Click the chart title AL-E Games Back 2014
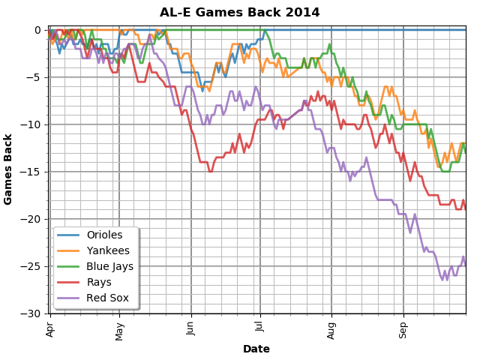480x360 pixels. [240, 13]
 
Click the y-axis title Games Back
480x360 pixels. [9, 169]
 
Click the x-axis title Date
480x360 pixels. [256, 349]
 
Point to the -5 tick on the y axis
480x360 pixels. [36, 77]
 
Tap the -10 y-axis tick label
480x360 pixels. [33, 124]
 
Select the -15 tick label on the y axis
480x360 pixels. [33, 172]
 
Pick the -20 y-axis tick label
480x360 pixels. [33, 219]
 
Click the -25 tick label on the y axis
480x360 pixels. [33, 266]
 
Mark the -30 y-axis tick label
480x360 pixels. [33, 313]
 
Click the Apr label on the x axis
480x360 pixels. [50, 328]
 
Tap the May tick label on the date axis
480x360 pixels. [119, 328]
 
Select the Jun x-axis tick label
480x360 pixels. [191, 328]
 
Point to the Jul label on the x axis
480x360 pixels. [260, 327]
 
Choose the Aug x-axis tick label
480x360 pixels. [331, 328]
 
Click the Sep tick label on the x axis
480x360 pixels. [403, 328]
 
